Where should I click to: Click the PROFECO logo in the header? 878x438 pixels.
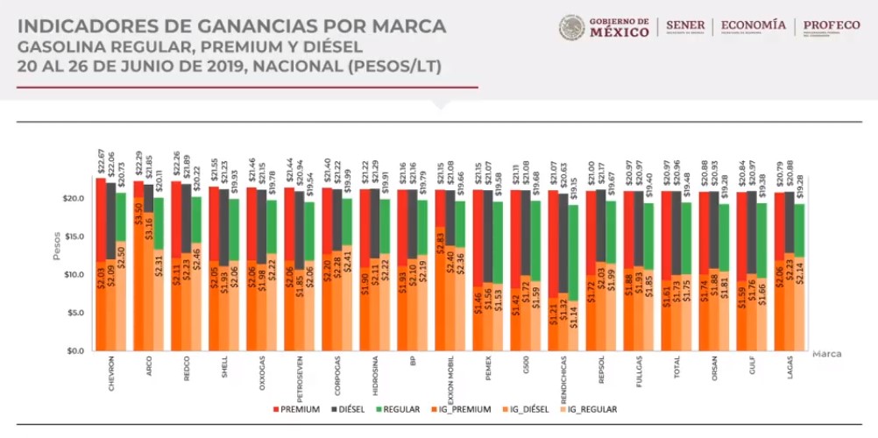click(x=831, y=26)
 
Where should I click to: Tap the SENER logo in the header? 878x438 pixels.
click(x=685, y=26)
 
